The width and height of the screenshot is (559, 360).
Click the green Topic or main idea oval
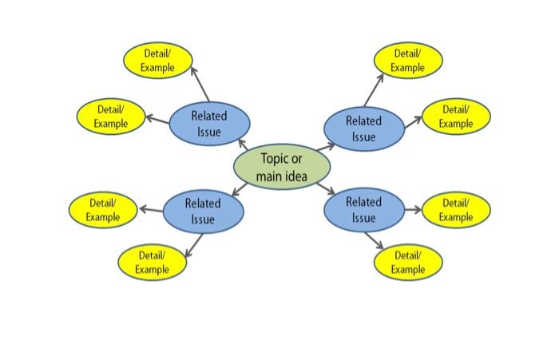281,167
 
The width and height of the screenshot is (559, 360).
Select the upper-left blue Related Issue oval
209,124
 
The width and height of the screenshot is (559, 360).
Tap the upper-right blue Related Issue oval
363,129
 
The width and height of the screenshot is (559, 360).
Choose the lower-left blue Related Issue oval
203,211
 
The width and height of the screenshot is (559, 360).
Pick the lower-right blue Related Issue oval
363,210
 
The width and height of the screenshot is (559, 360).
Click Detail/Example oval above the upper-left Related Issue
157,61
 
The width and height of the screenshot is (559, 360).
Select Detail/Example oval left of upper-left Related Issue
111,117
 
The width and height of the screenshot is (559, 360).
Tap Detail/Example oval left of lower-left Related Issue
103,210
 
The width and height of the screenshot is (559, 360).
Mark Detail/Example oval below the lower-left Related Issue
152,263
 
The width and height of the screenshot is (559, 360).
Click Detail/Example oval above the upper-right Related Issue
408,61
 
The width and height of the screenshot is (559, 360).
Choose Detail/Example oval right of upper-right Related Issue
455,117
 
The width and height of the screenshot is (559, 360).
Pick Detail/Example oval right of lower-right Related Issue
455,210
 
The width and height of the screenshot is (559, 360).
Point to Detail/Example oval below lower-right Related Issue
408,263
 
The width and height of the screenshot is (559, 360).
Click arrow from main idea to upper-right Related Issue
326,147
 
